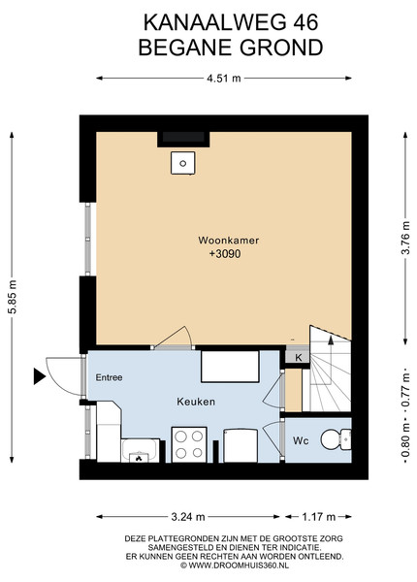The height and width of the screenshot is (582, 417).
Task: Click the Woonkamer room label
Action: pos(229,241)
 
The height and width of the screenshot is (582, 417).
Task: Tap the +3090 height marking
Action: pos(225,254)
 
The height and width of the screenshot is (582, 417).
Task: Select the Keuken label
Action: pos(196,402)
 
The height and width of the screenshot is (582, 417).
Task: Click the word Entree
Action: pos(109,377)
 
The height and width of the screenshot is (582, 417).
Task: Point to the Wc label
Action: pos(301,441)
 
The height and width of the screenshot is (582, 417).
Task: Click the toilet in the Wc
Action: pos(336,439)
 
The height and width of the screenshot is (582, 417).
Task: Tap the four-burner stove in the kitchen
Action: pos(189,444)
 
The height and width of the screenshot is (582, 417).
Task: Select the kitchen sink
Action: pos(140,451)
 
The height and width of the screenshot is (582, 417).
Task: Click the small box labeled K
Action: pos(298,358)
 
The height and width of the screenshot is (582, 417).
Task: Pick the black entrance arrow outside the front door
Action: pos(39,376)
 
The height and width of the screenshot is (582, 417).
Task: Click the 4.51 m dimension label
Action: pos(224,79)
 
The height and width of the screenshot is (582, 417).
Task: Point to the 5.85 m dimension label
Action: pos(13,297)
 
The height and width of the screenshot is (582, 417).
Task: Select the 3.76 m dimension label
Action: pos(405,238)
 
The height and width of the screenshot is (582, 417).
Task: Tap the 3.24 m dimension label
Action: pos(188,517)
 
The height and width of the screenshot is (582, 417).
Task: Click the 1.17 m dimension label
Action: pos(319,517)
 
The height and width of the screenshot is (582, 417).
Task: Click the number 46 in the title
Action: pos(305,22)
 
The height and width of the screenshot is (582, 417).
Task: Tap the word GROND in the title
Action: pos(281,48)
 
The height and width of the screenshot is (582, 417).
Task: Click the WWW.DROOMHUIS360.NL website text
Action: pos(238,566)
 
